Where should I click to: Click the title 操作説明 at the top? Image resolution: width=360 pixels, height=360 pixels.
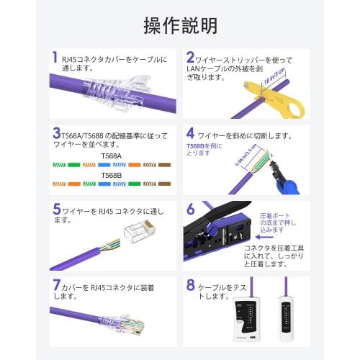pos(180,27)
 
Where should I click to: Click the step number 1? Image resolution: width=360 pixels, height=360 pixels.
pos(55,58)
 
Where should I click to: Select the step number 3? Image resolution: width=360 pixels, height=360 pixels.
pos(55,134)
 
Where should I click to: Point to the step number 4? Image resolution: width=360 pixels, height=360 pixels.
pos(191,134)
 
